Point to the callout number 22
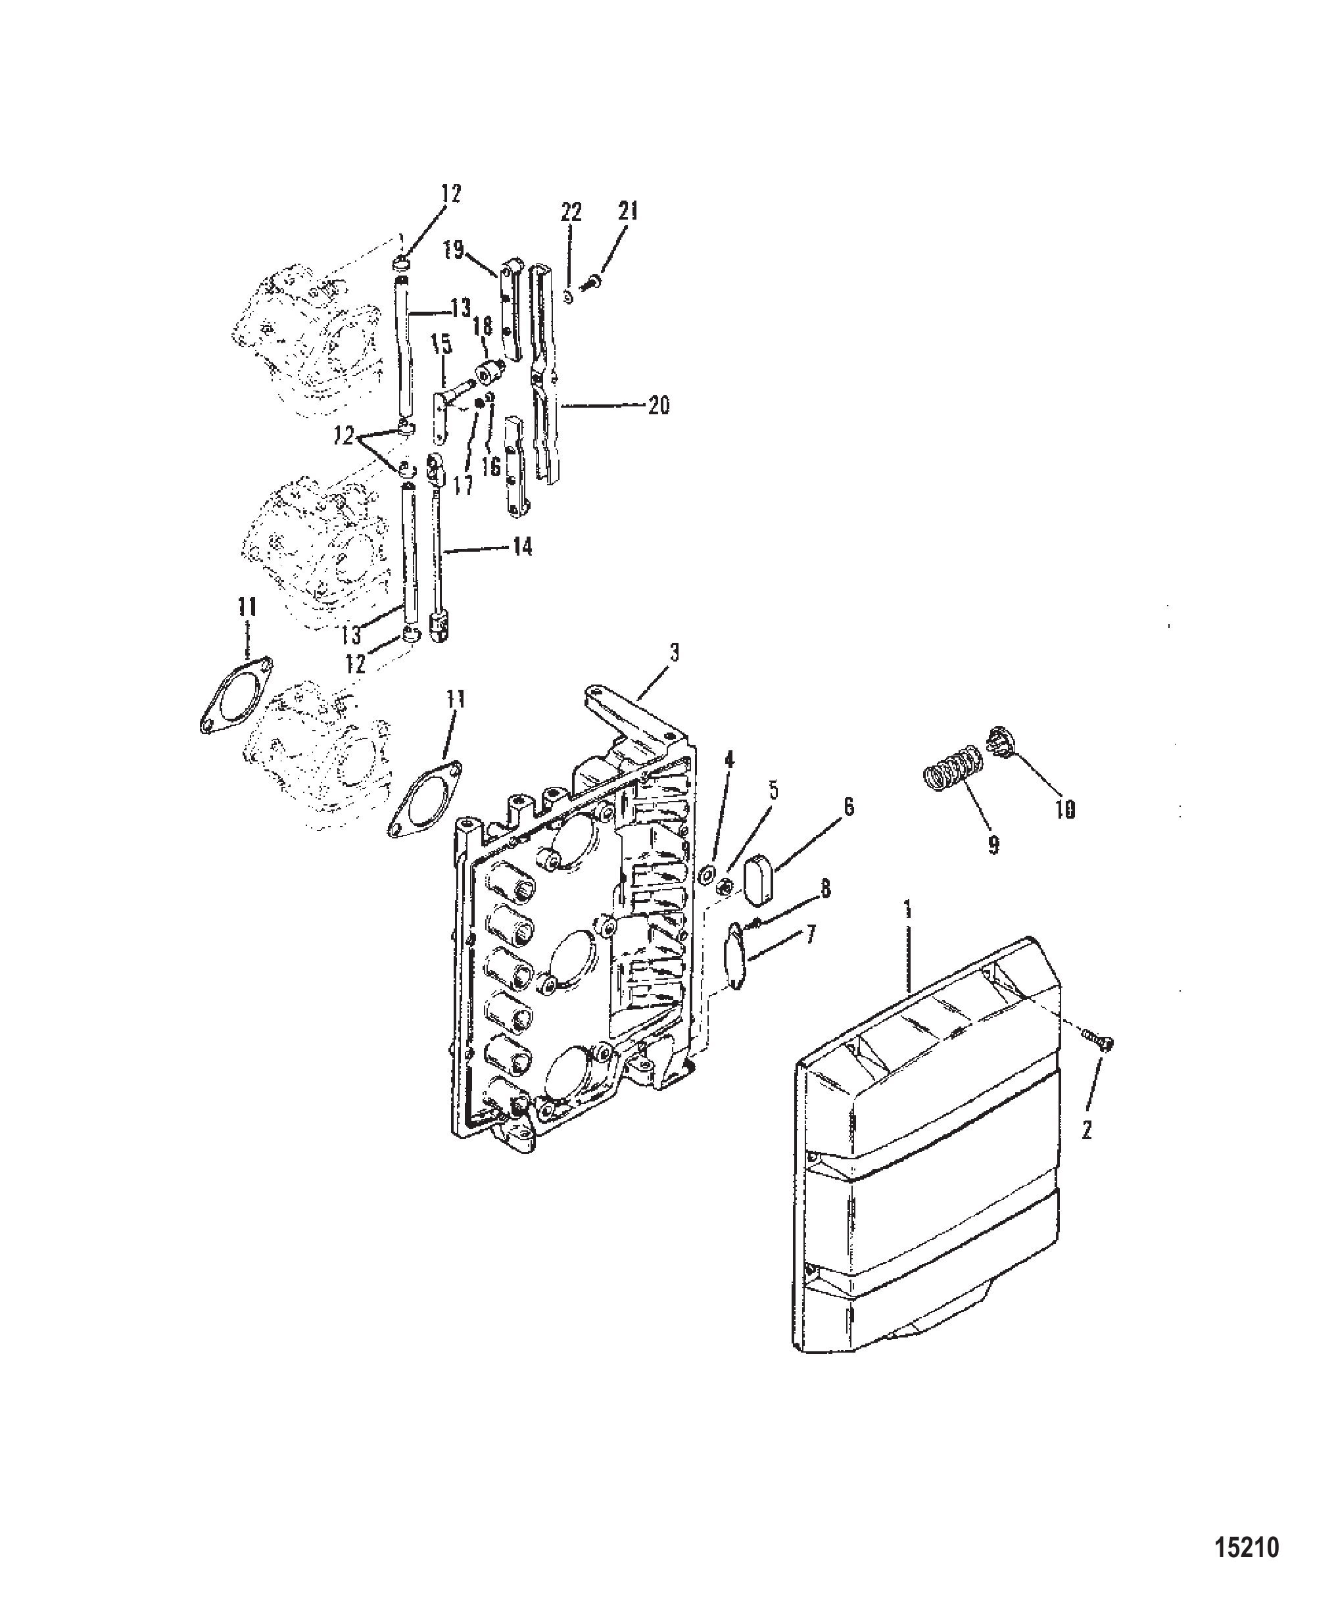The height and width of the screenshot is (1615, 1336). tap(571, 212)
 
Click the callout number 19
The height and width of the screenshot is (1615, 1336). tap(454, 251)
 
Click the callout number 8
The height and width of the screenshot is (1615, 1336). tap(825, 889)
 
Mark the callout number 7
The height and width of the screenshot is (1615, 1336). tap(811, 936)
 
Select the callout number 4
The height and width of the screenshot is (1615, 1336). tap(729, 761)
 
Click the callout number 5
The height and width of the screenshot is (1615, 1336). tap(773, 790)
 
